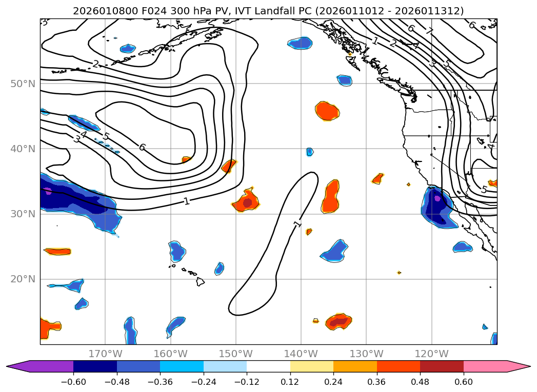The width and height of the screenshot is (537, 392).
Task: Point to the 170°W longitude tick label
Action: tap(105, 354)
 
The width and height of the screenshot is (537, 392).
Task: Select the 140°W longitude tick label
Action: tap(301, 354)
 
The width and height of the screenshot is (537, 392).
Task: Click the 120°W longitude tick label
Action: tap(431, 354)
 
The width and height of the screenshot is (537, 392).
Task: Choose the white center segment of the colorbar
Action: tap(268, 366)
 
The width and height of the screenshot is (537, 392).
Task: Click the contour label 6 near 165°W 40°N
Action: tap(142, 148)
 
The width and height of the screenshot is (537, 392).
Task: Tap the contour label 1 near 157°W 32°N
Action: tap(187, 201)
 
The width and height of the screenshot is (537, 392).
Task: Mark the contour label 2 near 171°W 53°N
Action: tap(95, 64)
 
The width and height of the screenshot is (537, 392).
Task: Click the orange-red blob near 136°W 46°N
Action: tap(327, 110)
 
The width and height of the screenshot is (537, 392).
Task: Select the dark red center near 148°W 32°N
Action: tap(247, 203)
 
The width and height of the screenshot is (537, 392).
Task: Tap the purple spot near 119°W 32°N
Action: tap(437, 198)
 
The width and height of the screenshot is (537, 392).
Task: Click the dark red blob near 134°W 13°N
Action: tap(340, 322)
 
